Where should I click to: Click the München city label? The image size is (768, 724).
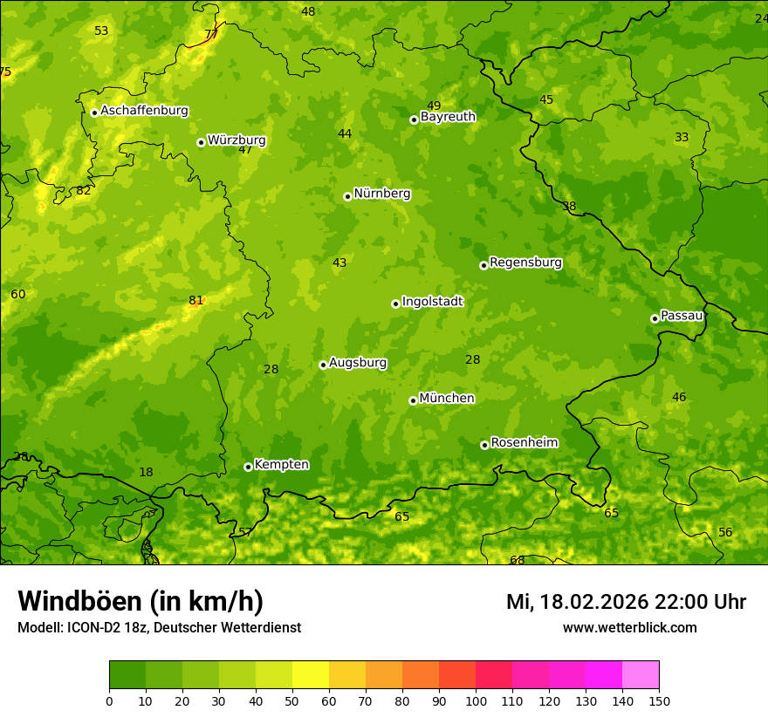coord(447,399)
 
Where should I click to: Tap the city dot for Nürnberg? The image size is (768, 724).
coord(347,196)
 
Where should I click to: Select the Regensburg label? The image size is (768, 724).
coord(525,263)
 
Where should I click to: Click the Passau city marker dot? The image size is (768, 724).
coord(655,318)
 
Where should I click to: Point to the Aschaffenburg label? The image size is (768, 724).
coord(144,111)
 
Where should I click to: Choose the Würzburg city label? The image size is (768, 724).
coord(237,140)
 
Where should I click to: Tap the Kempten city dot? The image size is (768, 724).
coord(248,467)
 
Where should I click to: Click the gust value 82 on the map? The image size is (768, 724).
coord(84,190)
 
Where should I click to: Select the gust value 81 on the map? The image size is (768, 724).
coord(195,301)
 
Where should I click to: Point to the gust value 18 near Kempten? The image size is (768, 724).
coord(146,473)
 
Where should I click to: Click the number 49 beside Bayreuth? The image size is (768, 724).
coord(434,106)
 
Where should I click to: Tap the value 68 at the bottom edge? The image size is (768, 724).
coord(518,560)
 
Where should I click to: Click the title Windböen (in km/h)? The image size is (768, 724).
coord(141,602)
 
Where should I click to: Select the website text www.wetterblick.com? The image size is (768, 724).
coord(629,628)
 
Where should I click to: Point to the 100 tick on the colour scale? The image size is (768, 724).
coord(476,700)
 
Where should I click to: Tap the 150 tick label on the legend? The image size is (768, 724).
coord(659,700)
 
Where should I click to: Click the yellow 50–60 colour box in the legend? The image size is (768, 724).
coord(311,675)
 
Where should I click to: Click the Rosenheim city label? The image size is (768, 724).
coord(524,443)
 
